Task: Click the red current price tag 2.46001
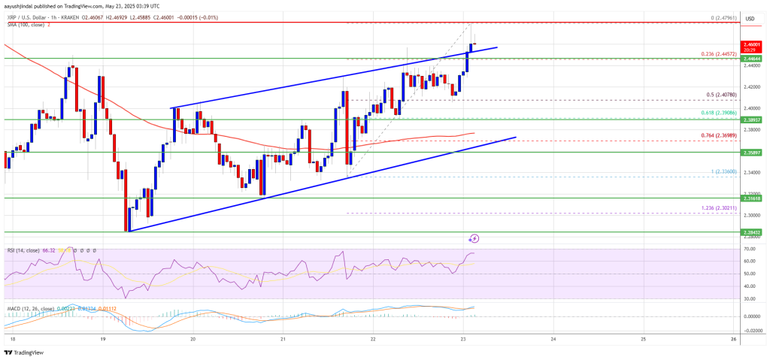752,45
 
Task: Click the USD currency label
749,18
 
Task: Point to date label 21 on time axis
283,338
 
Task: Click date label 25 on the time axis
643,338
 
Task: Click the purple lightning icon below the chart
474,238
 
